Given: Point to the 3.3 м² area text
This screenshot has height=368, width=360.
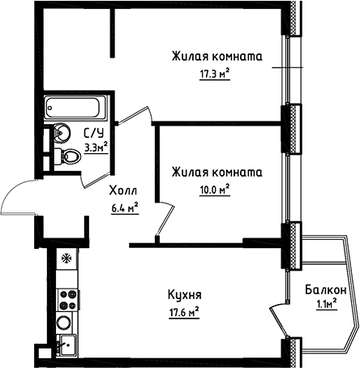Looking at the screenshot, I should pyautogui.click(x=96, y=148).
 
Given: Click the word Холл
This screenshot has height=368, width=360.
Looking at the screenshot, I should pyautogui.click(x=123, y=191).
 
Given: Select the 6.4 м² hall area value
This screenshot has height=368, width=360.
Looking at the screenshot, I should pyautogui.click(x=123, y=207).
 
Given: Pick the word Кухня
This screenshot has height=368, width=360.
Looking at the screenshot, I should pyautogui.click(x=185, y=295).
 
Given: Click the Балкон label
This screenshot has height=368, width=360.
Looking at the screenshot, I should pyautogui.click(x=327, y=290).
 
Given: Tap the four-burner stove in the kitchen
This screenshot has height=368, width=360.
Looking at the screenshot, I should pyautogui.click(x=66, y=297).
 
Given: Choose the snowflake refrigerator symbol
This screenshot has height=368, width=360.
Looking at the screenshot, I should pyautogui.click(x=66, y=260).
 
